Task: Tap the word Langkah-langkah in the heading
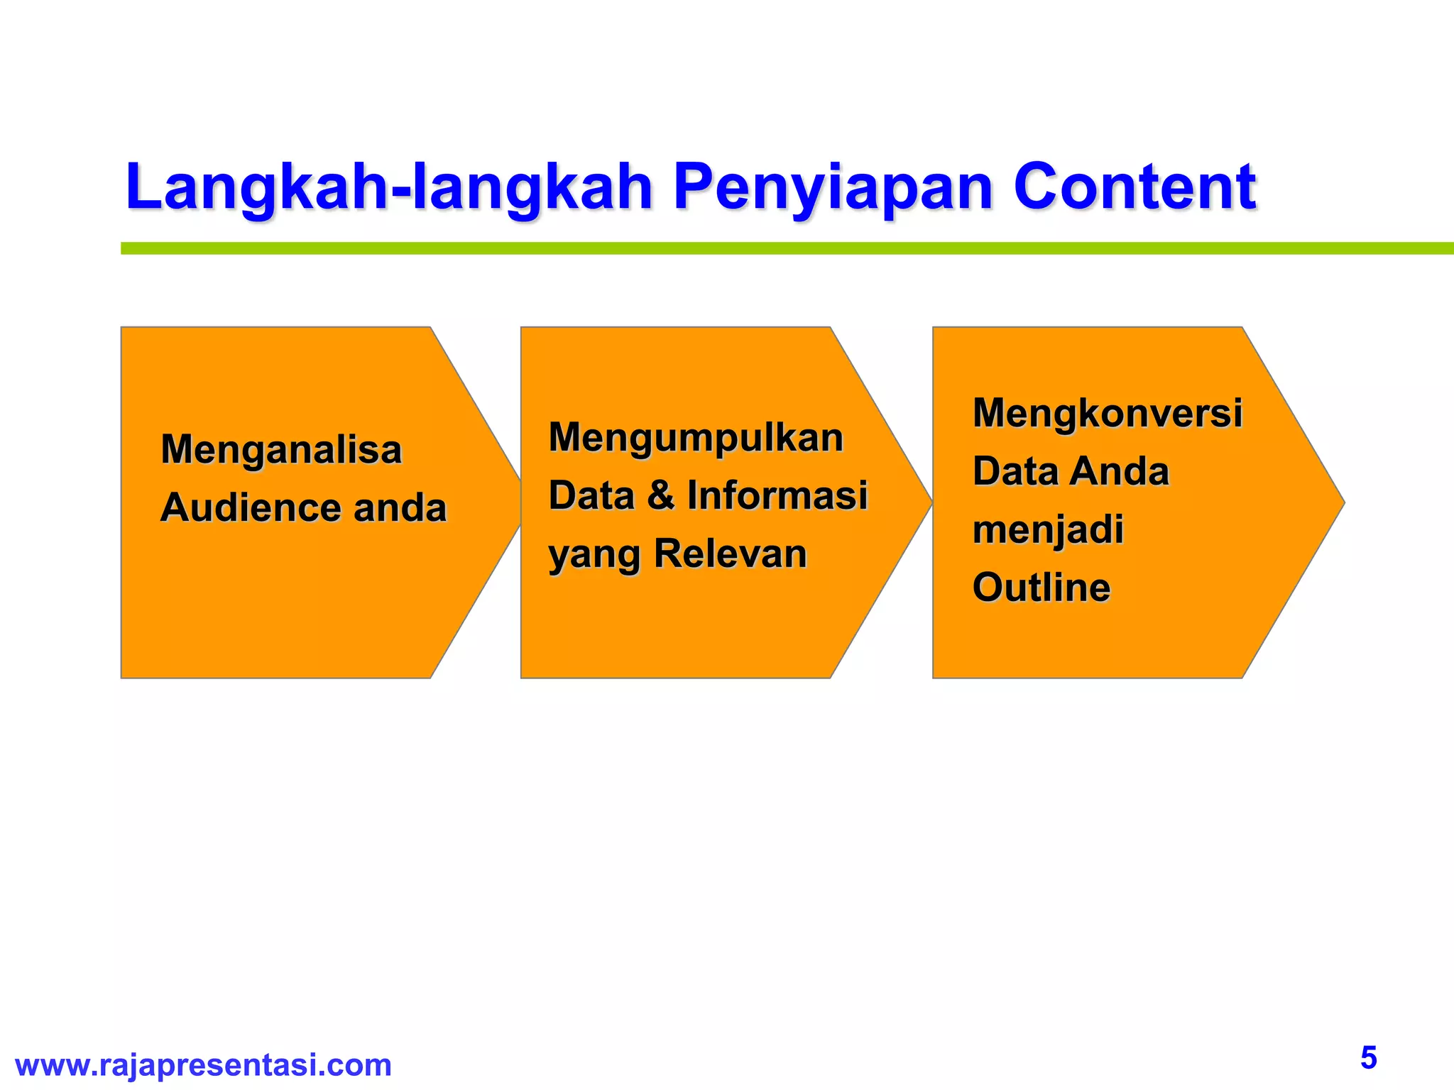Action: click(x=388, y=187)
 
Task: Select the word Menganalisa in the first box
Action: click(x=281, y=450)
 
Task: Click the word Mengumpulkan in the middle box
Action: click(x=696, y=438)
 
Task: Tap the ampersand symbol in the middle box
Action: click(x=660, y=495)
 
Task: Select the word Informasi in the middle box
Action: click(x=777, y=495)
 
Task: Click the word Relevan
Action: click(x=730, y=554)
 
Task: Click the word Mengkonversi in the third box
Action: click(x=1107, y=413)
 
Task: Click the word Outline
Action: click(x=1041, y=588)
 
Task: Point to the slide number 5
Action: click(x=1368, y=1058)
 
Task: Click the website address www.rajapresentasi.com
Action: click(x=203, y=1065)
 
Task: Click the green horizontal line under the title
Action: click(x=781, y=248)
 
